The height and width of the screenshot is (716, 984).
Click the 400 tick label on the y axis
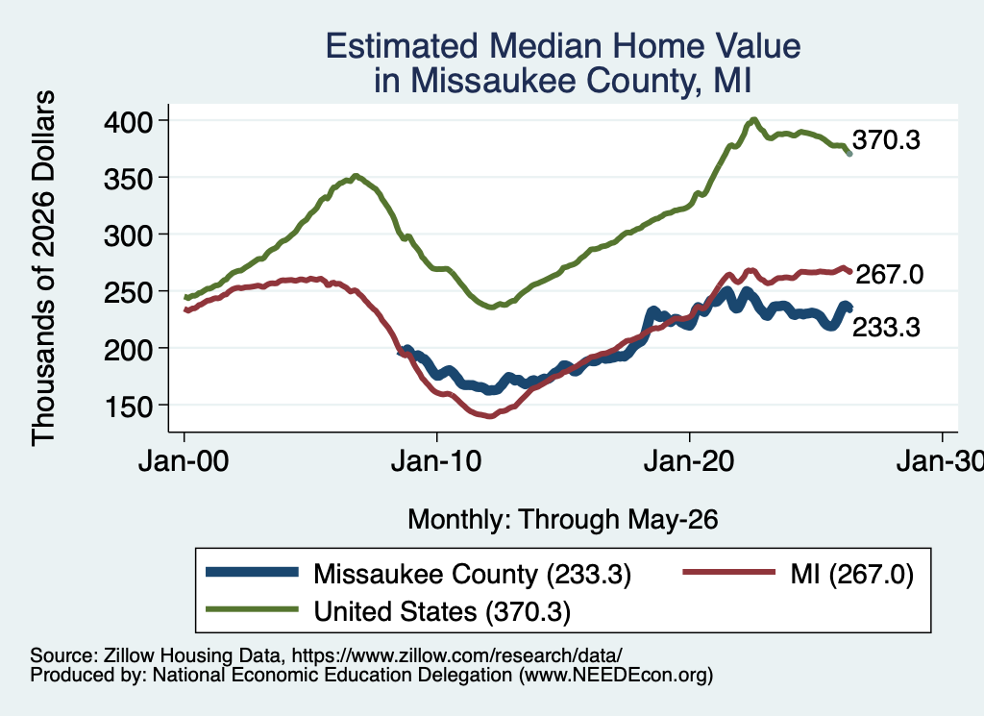(128, 122)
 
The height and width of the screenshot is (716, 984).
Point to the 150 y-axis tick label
(128, 407)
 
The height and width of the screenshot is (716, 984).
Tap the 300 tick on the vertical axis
(128, 236)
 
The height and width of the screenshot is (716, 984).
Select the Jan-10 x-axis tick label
(436, 461)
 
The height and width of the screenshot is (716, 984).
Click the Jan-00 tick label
(184, 461)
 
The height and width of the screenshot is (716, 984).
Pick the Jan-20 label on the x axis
(689, 461)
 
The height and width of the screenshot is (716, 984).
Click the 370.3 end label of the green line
(886, 140)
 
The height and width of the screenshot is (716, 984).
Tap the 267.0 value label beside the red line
(889, 274)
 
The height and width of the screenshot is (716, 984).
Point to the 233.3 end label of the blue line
(886, 327)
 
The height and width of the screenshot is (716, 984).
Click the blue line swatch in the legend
(253, 572)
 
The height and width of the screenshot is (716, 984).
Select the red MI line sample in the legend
(729, 572)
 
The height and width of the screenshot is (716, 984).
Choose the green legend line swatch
(253, 608)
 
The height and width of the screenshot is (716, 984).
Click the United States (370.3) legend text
(442, 611)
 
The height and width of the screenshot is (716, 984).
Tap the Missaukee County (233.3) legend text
(472, 574)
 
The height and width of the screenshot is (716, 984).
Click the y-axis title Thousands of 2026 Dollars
(43, 268)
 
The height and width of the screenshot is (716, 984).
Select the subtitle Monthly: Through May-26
(563, 520)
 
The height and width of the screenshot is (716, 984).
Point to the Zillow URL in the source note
(456, 655)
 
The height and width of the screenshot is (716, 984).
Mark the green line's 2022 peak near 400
(753, 119)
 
